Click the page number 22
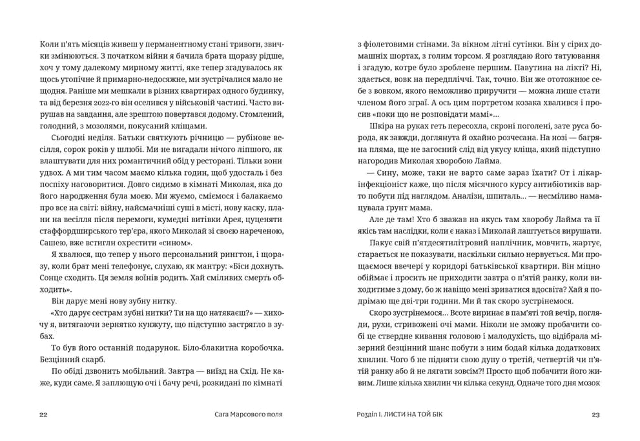(44, 414)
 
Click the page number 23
(596, 414)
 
